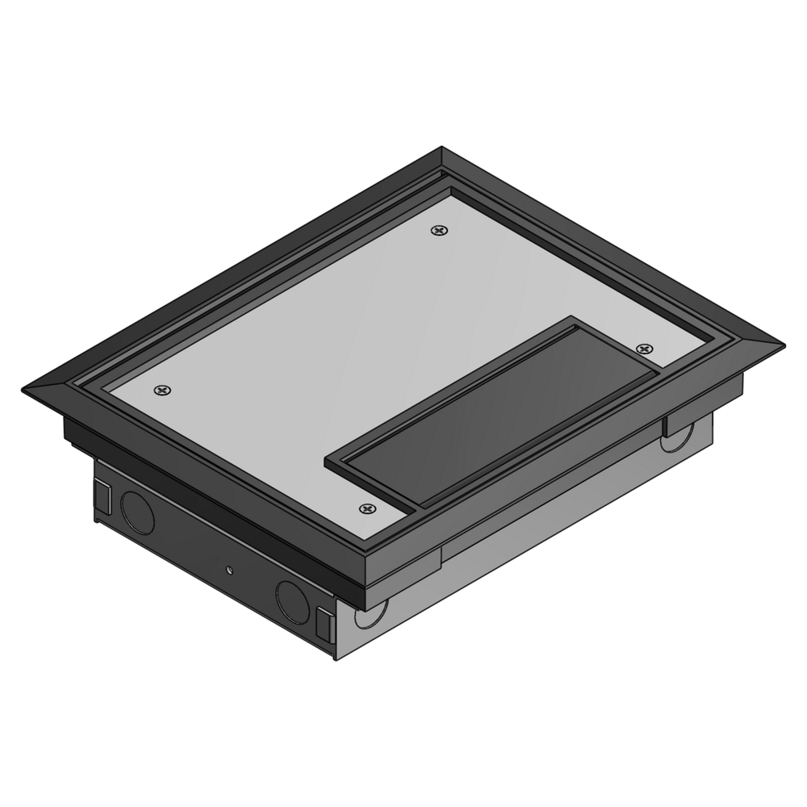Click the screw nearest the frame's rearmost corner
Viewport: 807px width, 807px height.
(x=439, y=231)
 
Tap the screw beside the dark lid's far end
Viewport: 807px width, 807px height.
(x=644, y=349)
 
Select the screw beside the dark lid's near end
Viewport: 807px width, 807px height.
(x=368, y=509)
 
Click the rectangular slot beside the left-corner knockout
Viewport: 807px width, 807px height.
(x=104, y=494)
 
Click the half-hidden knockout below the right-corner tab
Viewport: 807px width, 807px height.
(x=673, y=441)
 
